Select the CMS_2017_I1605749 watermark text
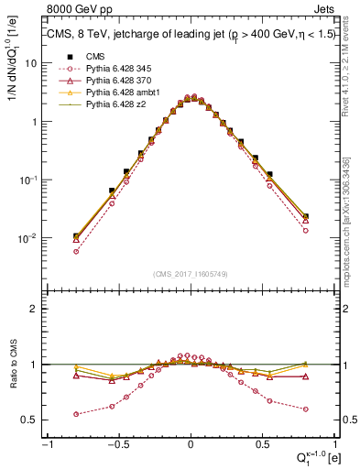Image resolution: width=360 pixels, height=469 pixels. [x=191, y=274]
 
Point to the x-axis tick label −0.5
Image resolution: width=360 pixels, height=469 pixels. [x=117, y=444]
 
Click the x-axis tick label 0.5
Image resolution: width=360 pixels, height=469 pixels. [x=264, y=444]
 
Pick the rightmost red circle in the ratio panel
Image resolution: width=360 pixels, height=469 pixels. [x=305, y=409]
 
